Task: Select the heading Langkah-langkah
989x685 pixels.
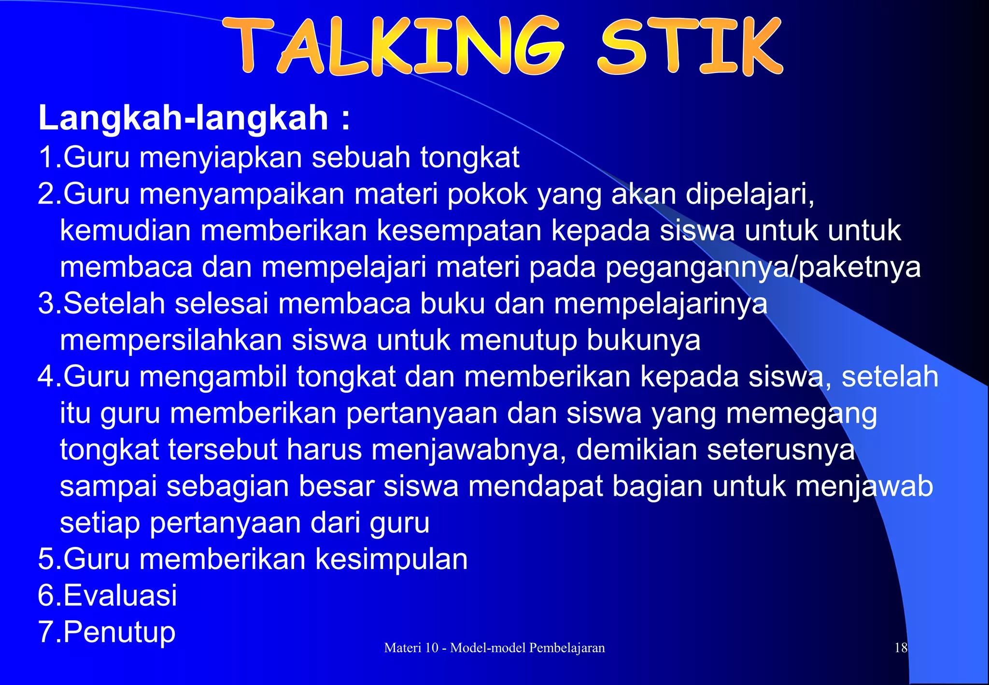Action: click(184, 117)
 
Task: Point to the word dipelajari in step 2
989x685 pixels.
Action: click(749, 194)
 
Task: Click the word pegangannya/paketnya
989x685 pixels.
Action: click(763, 267)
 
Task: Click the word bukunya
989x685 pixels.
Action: click(643, 340)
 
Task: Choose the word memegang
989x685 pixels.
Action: click(802, 414)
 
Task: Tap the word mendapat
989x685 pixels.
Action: click(536, 486)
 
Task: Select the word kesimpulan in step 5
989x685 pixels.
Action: click(392, 559)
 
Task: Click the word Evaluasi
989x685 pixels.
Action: click(120, 595)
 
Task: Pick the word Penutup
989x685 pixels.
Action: click(119, 632)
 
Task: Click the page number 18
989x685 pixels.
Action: click(901, 648)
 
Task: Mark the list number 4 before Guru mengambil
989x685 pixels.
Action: click(46, 377)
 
